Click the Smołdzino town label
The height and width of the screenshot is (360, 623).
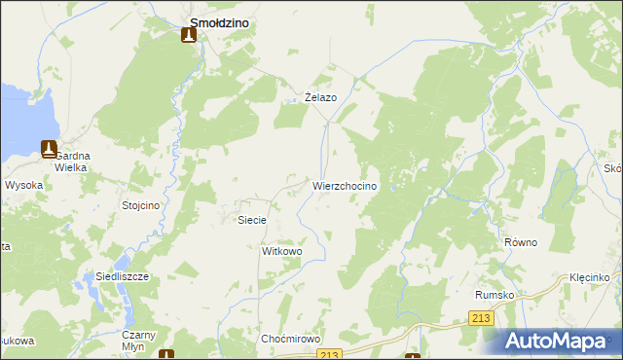tap(224, 13)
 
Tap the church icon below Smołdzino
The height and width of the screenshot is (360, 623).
tap(188, 35)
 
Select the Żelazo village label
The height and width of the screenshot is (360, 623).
tap(320, 97)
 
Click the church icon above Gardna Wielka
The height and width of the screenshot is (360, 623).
tap(49, 148)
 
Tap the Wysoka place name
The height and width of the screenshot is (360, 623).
tap(22, 184)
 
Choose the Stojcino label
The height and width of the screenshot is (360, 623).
tap(140, 205)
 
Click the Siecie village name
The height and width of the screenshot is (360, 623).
tap(252, 220)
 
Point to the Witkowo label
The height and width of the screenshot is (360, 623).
tap(282, 251)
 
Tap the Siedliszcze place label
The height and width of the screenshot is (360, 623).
tap(122, 276)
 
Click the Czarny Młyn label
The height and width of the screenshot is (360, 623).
tap(133, 340)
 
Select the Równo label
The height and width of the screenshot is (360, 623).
tap(521, 242)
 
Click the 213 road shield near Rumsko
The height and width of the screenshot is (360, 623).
tap(480, 318)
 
